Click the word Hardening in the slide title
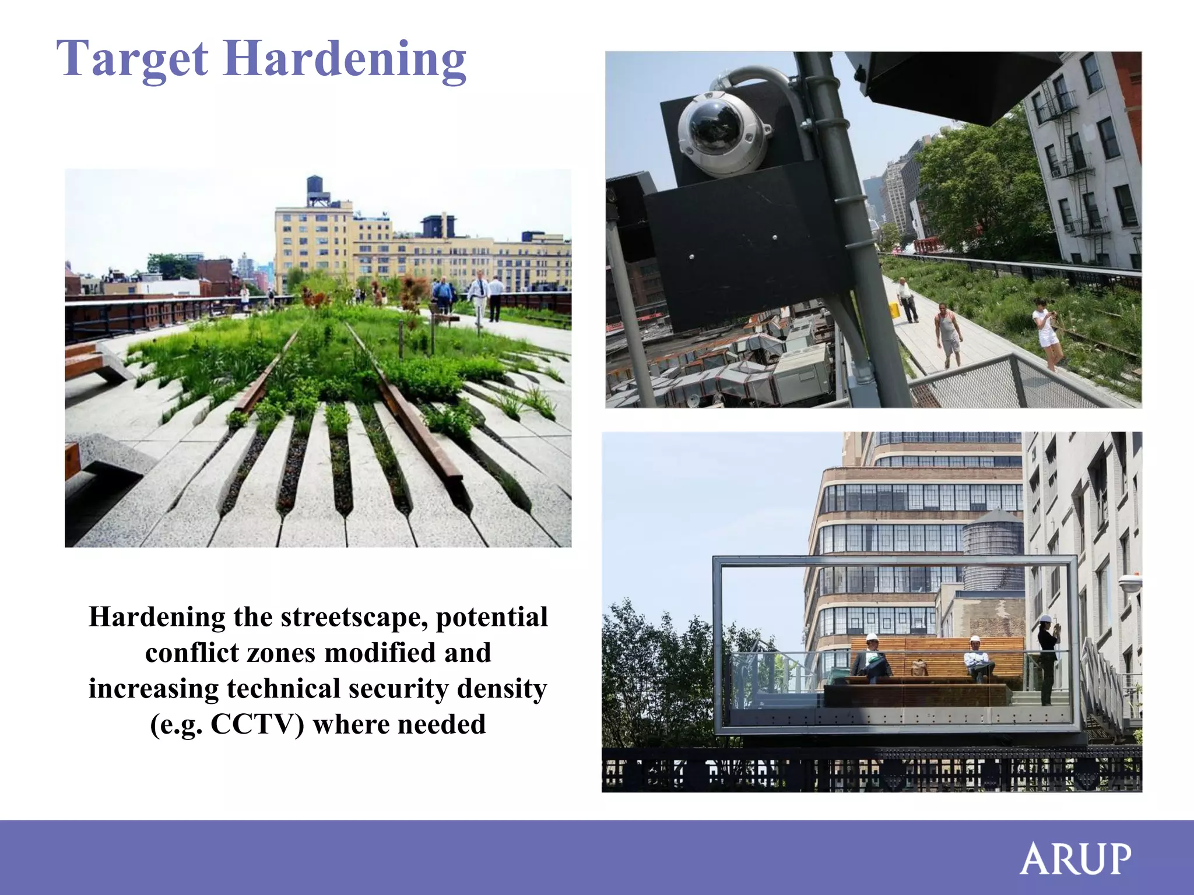(x=345, y=59)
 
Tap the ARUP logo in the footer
(x=1075, y=858)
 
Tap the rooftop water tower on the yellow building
(x=318, y=191)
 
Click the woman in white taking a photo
(x=1046, y=332)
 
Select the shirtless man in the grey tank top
(x=947, y=334)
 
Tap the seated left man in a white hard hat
(x=871, y=658)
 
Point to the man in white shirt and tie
(x=479, y=295)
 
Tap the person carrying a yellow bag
(x=905, y=299)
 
